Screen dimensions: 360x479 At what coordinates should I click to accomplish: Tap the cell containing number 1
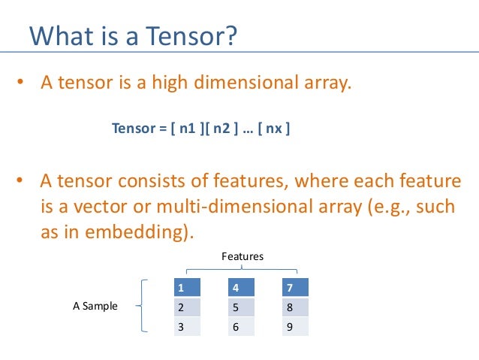tap(188, 288)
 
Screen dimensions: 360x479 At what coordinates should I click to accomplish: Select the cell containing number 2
tap(188, 307)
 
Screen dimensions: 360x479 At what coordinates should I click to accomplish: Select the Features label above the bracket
tap(243, 256)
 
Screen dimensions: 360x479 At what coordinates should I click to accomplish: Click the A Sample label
tap(95, 306)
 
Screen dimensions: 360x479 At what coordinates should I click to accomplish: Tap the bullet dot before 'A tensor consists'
tap(22, 181)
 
